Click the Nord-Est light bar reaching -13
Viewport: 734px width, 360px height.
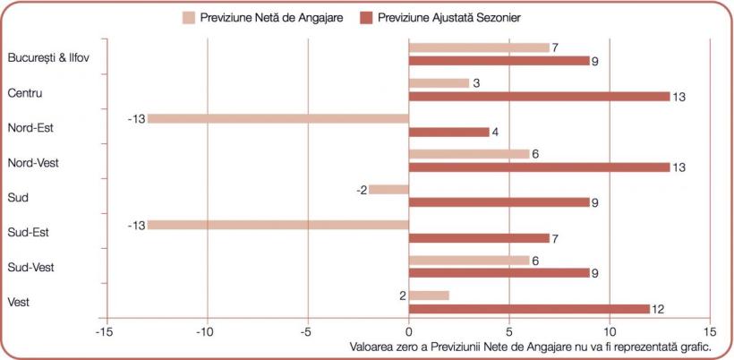pyautogui.click(x=277, y=118)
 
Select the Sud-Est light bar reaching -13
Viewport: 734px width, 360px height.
pyautogui.click(x=277, y=225)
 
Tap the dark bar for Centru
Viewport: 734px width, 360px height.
pyautogui.click(x=539, y=97)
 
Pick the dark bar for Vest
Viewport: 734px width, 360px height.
pyautogui.click(x=529, y=309)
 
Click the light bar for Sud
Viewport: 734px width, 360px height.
pyautogui.click(x=388, y=189)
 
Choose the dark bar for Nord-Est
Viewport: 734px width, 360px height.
pyautogui.click(x=448, y=132)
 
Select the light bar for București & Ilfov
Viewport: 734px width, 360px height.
pyautogui.click(x=479, y=47)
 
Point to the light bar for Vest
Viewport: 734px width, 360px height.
pyautogui.click(x=429, y=296)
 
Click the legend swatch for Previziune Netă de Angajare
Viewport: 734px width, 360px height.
pyautogui.click(x=189, y=17)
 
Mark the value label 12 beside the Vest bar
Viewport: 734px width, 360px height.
pyautogui.click(x=659, y=309)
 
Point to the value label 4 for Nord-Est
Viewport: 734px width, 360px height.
pyautogui.click(x=496, y=132)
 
